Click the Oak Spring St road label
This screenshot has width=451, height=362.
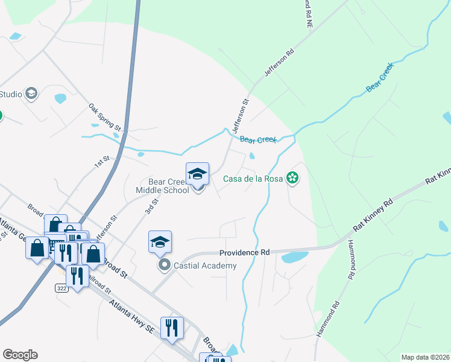106,117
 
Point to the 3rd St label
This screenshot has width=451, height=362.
151,205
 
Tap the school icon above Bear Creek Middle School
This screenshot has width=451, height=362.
197,174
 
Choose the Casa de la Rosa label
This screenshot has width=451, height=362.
253,179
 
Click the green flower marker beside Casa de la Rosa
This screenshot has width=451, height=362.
292,178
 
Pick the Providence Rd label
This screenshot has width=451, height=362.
244,253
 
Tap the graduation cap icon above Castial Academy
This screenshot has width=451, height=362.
160,243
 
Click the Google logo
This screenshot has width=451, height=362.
20,355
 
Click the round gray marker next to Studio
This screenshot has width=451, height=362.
31,94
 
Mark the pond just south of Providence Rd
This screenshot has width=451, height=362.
294,258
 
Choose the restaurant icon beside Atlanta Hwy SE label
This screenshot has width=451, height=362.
172,328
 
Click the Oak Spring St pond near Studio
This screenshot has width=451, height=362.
60,98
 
